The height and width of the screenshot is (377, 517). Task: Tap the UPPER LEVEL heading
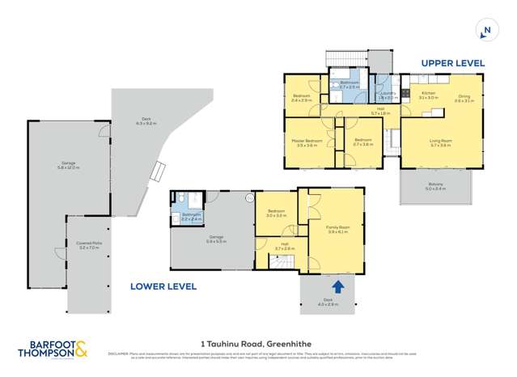pyautogui.click(x=451, y=62)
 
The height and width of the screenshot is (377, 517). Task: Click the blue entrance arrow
pyautogui.click(x=337, y=286)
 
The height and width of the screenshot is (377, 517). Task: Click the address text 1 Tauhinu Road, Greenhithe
pyautogui.click(x=257, y=342)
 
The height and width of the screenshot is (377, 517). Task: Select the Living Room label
pyautogui.click(x=440, y=142)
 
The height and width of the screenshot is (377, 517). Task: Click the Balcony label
pyautogui.click(x=435, y=184)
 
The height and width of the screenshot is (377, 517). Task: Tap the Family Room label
pyautogui.click(x=337, y=229)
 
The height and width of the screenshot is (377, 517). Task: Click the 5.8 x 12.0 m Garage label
pyautogui.click(x=68, y=165)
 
